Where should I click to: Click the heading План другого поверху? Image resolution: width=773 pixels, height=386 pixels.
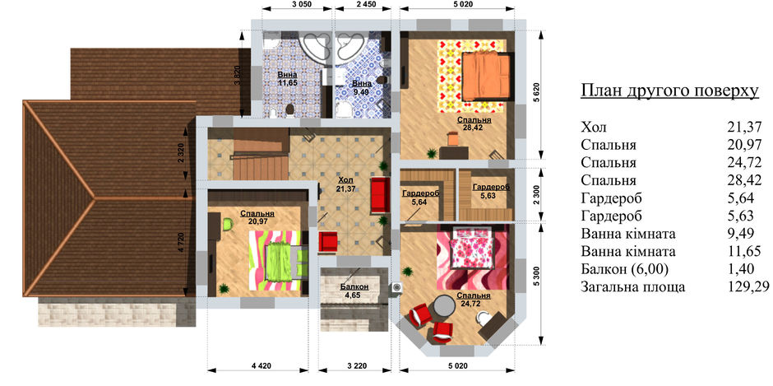point(669,92)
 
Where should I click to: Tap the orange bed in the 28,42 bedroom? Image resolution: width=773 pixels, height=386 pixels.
point(486,76)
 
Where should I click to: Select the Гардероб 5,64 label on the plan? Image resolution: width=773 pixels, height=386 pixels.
point(420,197)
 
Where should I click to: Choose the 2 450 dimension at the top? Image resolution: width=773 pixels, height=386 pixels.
point(366,4)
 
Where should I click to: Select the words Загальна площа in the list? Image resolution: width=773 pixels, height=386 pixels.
point(633,287)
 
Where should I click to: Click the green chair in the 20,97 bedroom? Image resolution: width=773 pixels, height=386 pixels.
point(227,224)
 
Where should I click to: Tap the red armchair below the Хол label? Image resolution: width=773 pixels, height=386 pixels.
point(328,241)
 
